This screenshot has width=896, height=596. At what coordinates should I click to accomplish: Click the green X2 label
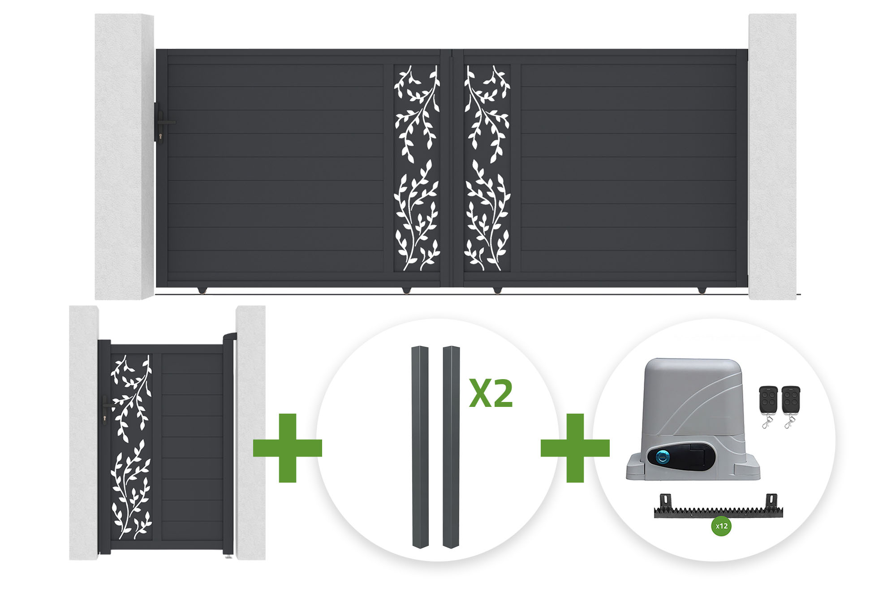point(491,393)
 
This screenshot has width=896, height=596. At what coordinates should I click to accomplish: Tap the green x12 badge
point(721,526)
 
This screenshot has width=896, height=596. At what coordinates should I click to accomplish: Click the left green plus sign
point(288,448)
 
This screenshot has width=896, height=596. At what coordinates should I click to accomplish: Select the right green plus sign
point(575,448)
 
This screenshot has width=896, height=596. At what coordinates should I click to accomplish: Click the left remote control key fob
point(768,406)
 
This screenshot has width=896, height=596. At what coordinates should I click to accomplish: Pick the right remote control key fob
point(791,406)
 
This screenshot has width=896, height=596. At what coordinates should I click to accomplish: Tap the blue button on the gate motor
point(663,458)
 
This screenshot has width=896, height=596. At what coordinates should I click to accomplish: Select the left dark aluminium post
point(420,447)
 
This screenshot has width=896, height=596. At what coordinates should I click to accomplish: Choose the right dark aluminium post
point(451,447)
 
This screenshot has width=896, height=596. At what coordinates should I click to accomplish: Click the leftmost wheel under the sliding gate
point(202,290)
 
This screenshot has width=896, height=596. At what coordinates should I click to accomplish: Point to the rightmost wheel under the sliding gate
point(702,290)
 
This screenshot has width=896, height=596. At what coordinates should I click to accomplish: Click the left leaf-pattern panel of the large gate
point(417,168)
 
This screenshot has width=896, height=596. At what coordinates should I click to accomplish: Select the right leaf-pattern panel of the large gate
point(487,168)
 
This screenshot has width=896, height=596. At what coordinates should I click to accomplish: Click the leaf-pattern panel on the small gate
point(131,447)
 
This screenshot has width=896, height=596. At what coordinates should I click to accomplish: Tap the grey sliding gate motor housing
point(693,419)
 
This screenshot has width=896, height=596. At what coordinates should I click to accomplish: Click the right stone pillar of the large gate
point(772,156)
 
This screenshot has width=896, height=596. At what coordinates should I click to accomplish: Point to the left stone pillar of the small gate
point(84,433)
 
